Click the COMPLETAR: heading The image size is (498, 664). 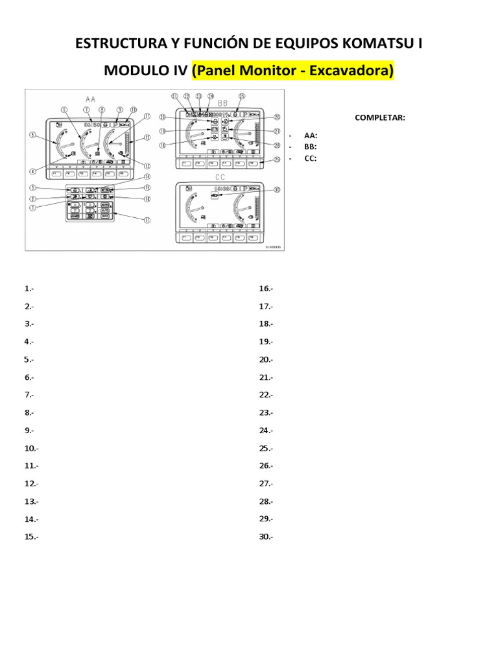[380, 117]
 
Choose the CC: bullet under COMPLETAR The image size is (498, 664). [310, 158]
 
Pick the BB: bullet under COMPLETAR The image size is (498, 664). [310, 147]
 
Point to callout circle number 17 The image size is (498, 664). [147, 220]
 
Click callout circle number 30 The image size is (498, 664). [277, 190]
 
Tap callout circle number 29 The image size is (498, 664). [277, 160]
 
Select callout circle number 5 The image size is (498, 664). [31, 135]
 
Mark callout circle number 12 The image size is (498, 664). [147, 137]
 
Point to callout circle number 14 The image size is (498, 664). [147, 177]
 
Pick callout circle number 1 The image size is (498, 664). [31, 207]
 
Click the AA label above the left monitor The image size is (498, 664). [90, 99]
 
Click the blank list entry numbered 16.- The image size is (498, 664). [266, 289]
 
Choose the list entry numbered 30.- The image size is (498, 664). [266, 536]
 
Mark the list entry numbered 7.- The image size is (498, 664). [29, 395]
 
